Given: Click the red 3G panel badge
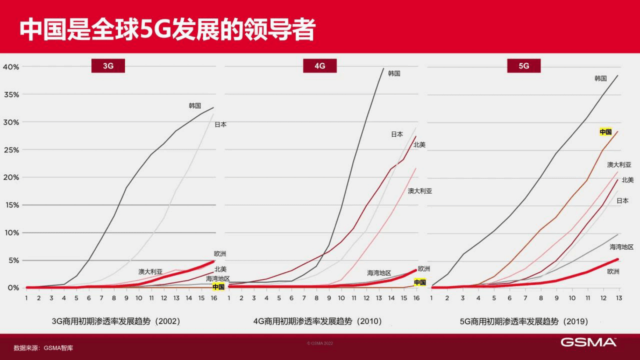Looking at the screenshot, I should pos(108,66).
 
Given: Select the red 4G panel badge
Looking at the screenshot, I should pos(319,66).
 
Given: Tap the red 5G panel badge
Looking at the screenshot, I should pos(523,66).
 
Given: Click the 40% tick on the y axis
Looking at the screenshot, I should pos(11,67).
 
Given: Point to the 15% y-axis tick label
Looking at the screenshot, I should pos(11,205).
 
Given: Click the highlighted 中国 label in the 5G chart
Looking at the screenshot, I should pos(606,132).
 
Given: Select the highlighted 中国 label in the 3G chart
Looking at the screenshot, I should pos(218,287).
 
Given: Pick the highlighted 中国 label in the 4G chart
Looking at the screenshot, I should pos(419,282).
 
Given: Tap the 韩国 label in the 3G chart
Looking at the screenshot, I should pos(195,106).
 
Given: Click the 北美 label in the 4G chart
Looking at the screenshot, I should pos(419,145).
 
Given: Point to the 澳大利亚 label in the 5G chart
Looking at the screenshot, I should pos(619,165).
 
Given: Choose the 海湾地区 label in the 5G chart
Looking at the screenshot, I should pos(621,247).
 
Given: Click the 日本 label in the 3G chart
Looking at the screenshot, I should pos(220,124).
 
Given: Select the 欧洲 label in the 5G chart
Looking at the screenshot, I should pos(613,272).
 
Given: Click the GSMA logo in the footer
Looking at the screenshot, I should pos(588,342).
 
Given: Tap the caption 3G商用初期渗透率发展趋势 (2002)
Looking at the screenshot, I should pos(116,321).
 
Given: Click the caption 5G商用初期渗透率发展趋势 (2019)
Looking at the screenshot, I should pos(524,321).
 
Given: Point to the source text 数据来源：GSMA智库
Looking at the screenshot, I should pos(43,348).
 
